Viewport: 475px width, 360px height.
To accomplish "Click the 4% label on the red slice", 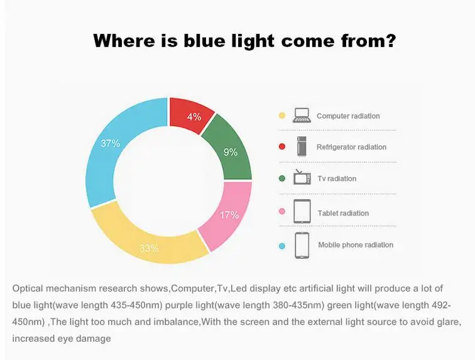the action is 194,117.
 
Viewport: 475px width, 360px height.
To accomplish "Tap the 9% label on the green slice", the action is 230,152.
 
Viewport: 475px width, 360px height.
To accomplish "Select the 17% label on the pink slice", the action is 229,215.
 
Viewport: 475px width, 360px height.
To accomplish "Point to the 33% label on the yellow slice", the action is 149,248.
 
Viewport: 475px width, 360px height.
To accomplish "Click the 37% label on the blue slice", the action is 111,143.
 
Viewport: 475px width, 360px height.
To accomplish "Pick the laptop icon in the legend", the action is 302,116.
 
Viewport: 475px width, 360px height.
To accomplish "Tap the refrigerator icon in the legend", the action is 302,146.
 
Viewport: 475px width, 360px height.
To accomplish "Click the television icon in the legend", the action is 302,177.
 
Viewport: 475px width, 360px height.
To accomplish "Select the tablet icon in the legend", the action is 302,212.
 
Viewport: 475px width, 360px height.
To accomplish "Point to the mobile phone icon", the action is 302,246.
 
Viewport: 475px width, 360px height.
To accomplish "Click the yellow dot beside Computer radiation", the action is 282,116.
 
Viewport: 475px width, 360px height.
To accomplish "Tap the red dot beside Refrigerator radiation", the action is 282,146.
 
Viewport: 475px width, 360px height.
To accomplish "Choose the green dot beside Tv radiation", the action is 282,178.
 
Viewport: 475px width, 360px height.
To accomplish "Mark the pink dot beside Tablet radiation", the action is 282,211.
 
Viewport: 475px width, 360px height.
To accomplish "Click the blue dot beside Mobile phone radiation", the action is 282,246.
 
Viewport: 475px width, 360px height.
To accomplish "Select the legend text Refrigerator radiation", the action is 351,147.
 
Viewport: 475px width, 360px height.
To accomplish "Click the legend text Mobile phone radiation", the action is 356,245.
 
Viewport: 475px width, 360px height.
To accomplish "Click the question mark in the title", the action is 390,41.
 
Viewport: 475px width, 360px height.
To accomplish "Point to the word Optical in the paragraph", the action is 28,289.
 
